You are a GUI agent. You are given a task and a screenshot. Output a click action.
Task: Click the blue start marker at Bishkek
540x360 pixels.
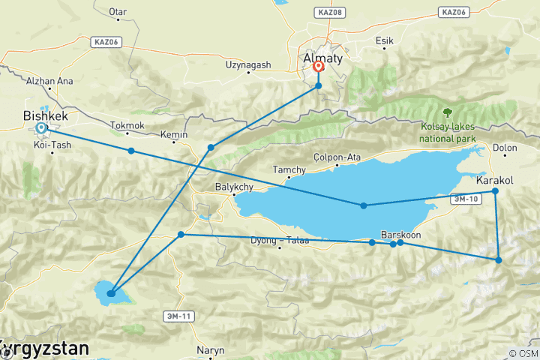[x=40, y=128]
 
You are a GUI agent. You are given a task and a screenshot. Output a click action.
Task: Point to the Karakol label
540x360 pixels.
[x=494, y=181]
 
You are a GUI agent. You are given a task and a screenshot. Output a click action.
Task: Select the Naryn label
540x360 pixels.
[x=209, y=349]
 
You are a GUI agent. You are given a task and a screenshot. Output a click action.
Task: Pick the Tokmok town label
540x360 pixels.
[x=126, y=125]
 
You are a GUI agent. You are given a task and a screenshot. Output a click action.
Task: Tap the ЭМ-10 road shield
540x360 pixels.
[x=466, y=199]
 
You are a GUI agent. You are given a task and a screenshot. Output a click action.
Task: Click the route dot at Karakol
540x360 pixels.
[x=495, y=191]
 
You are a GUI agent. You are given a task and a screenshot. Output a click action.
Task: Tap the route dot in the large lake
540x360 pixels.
[x=364, y=205]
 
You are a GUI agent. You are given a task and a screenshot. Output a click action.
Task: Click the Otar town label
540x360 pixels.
[x=118, y=12]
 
